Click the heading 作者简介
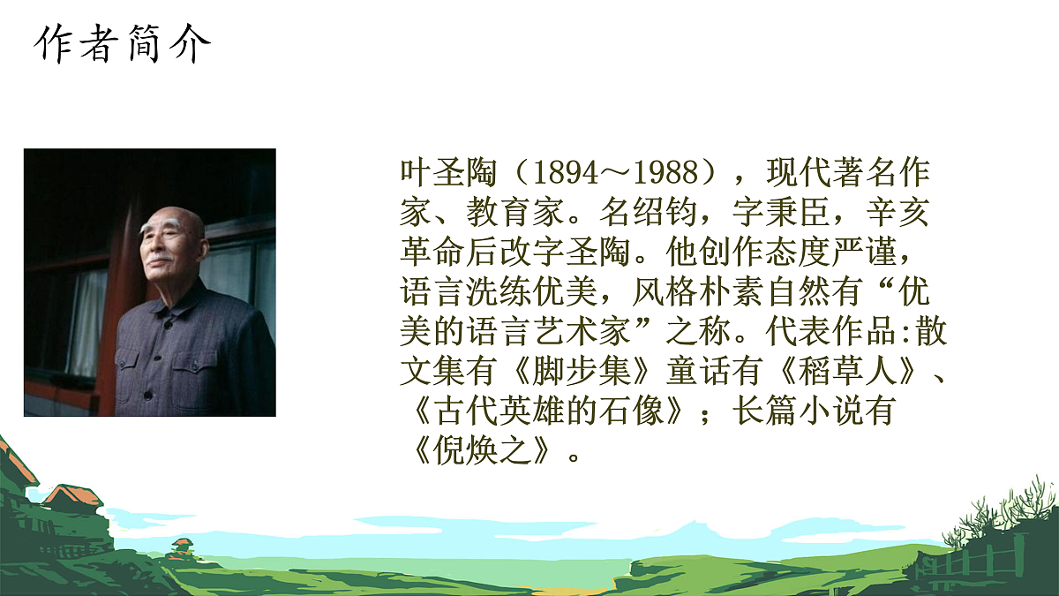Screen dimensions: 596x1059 coord(124,44)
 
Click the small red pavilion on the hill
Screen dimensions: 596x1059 coord(182,545)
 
